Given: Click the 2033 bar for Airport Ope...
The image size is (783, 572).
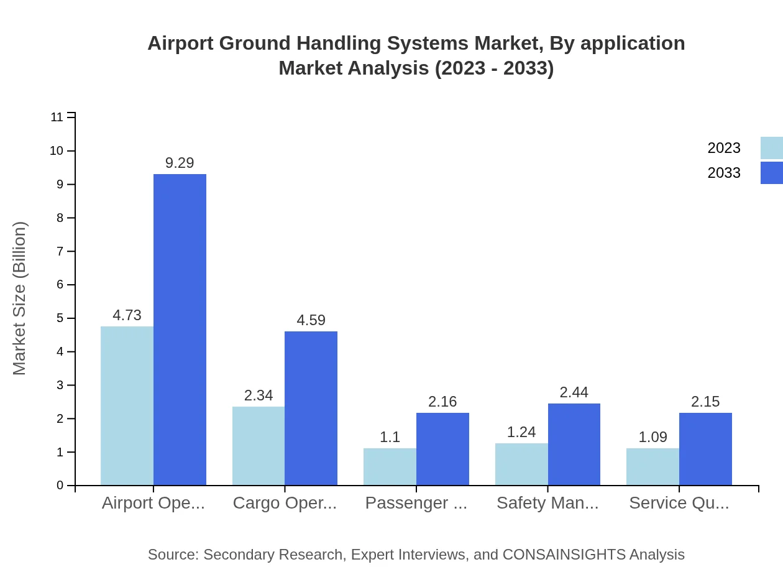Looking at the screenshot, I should pos(180,330).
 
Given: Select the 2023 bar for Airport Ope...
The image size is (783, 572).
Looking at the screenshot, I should pos(127,405).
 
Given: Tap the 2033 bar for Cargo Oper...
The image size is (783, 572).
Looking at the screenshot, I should pos(311,408).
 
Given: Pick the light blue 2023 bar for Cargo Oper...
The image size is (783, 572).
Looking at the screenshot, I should pos(259,446).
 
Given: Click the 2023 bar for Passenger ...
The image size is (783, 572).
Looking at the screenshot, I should pos(390,466).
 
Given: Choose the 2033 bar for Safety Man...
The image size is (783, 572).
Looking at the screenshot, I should pos(574,444).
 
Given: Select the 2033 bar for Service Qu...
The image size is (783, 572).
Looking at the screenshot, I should pos(705,449).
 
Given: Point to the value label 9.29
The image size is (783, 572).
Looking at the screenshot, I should pos(180,163).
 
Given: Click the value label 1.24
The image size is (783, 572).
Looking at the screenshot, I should pos(521,432).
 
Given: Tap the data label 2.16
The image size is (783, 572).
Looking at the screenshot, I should pos(442,402).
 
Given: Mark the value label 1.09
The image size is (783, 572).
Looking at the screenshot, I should pos(652,437).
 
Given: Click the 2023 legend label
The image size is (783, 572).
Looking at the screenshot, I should pos(724,148).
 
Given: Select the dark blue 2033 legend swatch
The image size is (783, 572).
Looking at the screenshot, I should pos(772,173).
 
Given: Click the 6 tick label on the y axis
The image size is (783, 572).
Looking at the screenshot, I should pos(60,285).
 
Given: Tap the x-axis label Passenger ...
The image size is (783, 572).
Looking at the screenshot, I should pos(416,503).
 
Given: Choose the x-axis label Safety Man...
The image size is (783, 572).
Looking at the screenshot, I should pos(547,503).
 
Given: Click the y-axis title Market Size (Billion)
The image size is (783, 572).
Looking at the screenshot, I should pos(20,298).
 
